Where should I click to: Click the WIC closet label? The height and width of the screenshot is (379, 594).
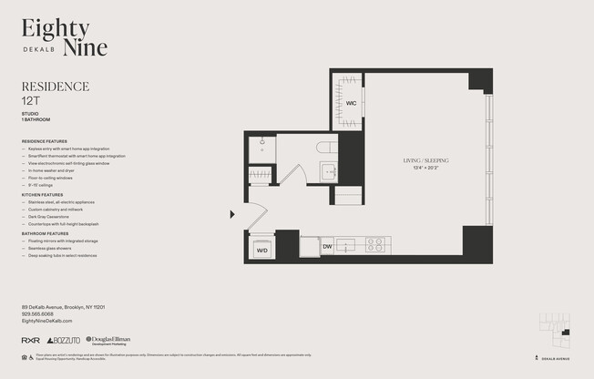tap(351, 103)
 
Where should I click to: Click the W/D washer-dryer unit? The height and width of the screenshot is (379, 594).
tap(261, 248)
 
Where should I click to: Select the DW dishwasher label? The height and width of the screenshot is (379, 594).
tap(327, 246)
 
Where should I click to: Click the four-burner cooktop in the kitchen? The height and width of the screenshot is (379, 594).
tap(375, 244)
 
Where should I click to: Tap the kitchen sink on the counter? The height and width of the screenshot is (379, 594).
tap(345, 244)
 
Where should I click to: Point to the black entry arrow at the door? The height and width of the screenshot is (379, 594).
tap(232, 215)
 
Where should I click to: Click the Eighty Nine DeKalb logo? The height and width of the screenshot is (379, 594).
tap(65, 38)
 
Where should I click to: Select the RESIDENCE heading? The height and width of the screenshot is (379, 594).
tap(55, 87)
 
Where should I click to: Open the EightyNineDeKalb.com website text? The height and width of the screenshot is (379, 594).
tap(46, 322)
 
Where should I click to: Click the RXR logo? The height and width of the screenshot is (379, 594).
tap(30, 341)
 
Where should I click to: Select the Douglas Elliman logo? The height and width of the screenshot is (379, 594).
tap(108, 341)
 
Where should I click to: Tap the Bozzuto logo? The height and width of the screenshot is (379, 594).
tap(64, 341)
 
